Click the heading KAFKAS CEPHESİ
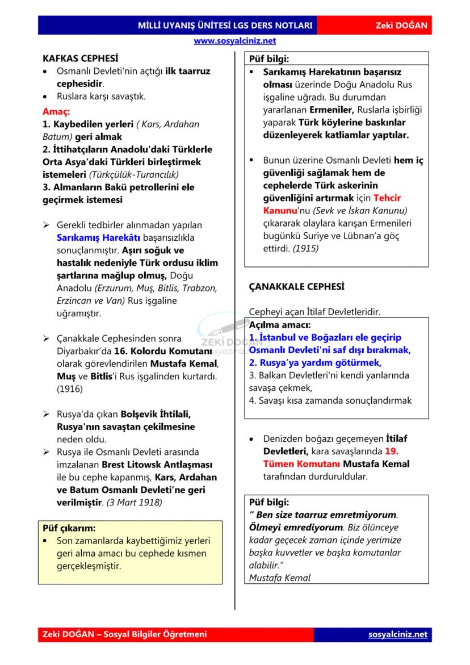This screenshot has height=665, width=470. click(81, 58)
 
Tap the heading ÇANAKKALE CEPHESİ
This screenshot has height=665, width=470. click(296, 287)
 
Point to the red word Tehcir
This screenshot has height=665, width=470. click(387, 198)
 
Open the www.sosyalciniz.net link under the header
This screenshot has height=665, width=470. click(234, 41)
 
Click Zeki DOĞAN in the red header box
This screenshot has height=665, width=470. click(401, 26)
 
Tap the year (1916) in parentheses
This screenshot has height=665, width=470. click(70, 389)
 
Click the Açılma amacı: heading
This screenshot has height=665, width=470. click(280, 325)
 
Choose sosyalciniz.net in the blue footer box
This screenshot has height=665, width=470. click(397, 634)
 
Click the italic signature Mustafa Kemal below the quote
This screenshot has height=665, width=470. click(280, 578)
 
